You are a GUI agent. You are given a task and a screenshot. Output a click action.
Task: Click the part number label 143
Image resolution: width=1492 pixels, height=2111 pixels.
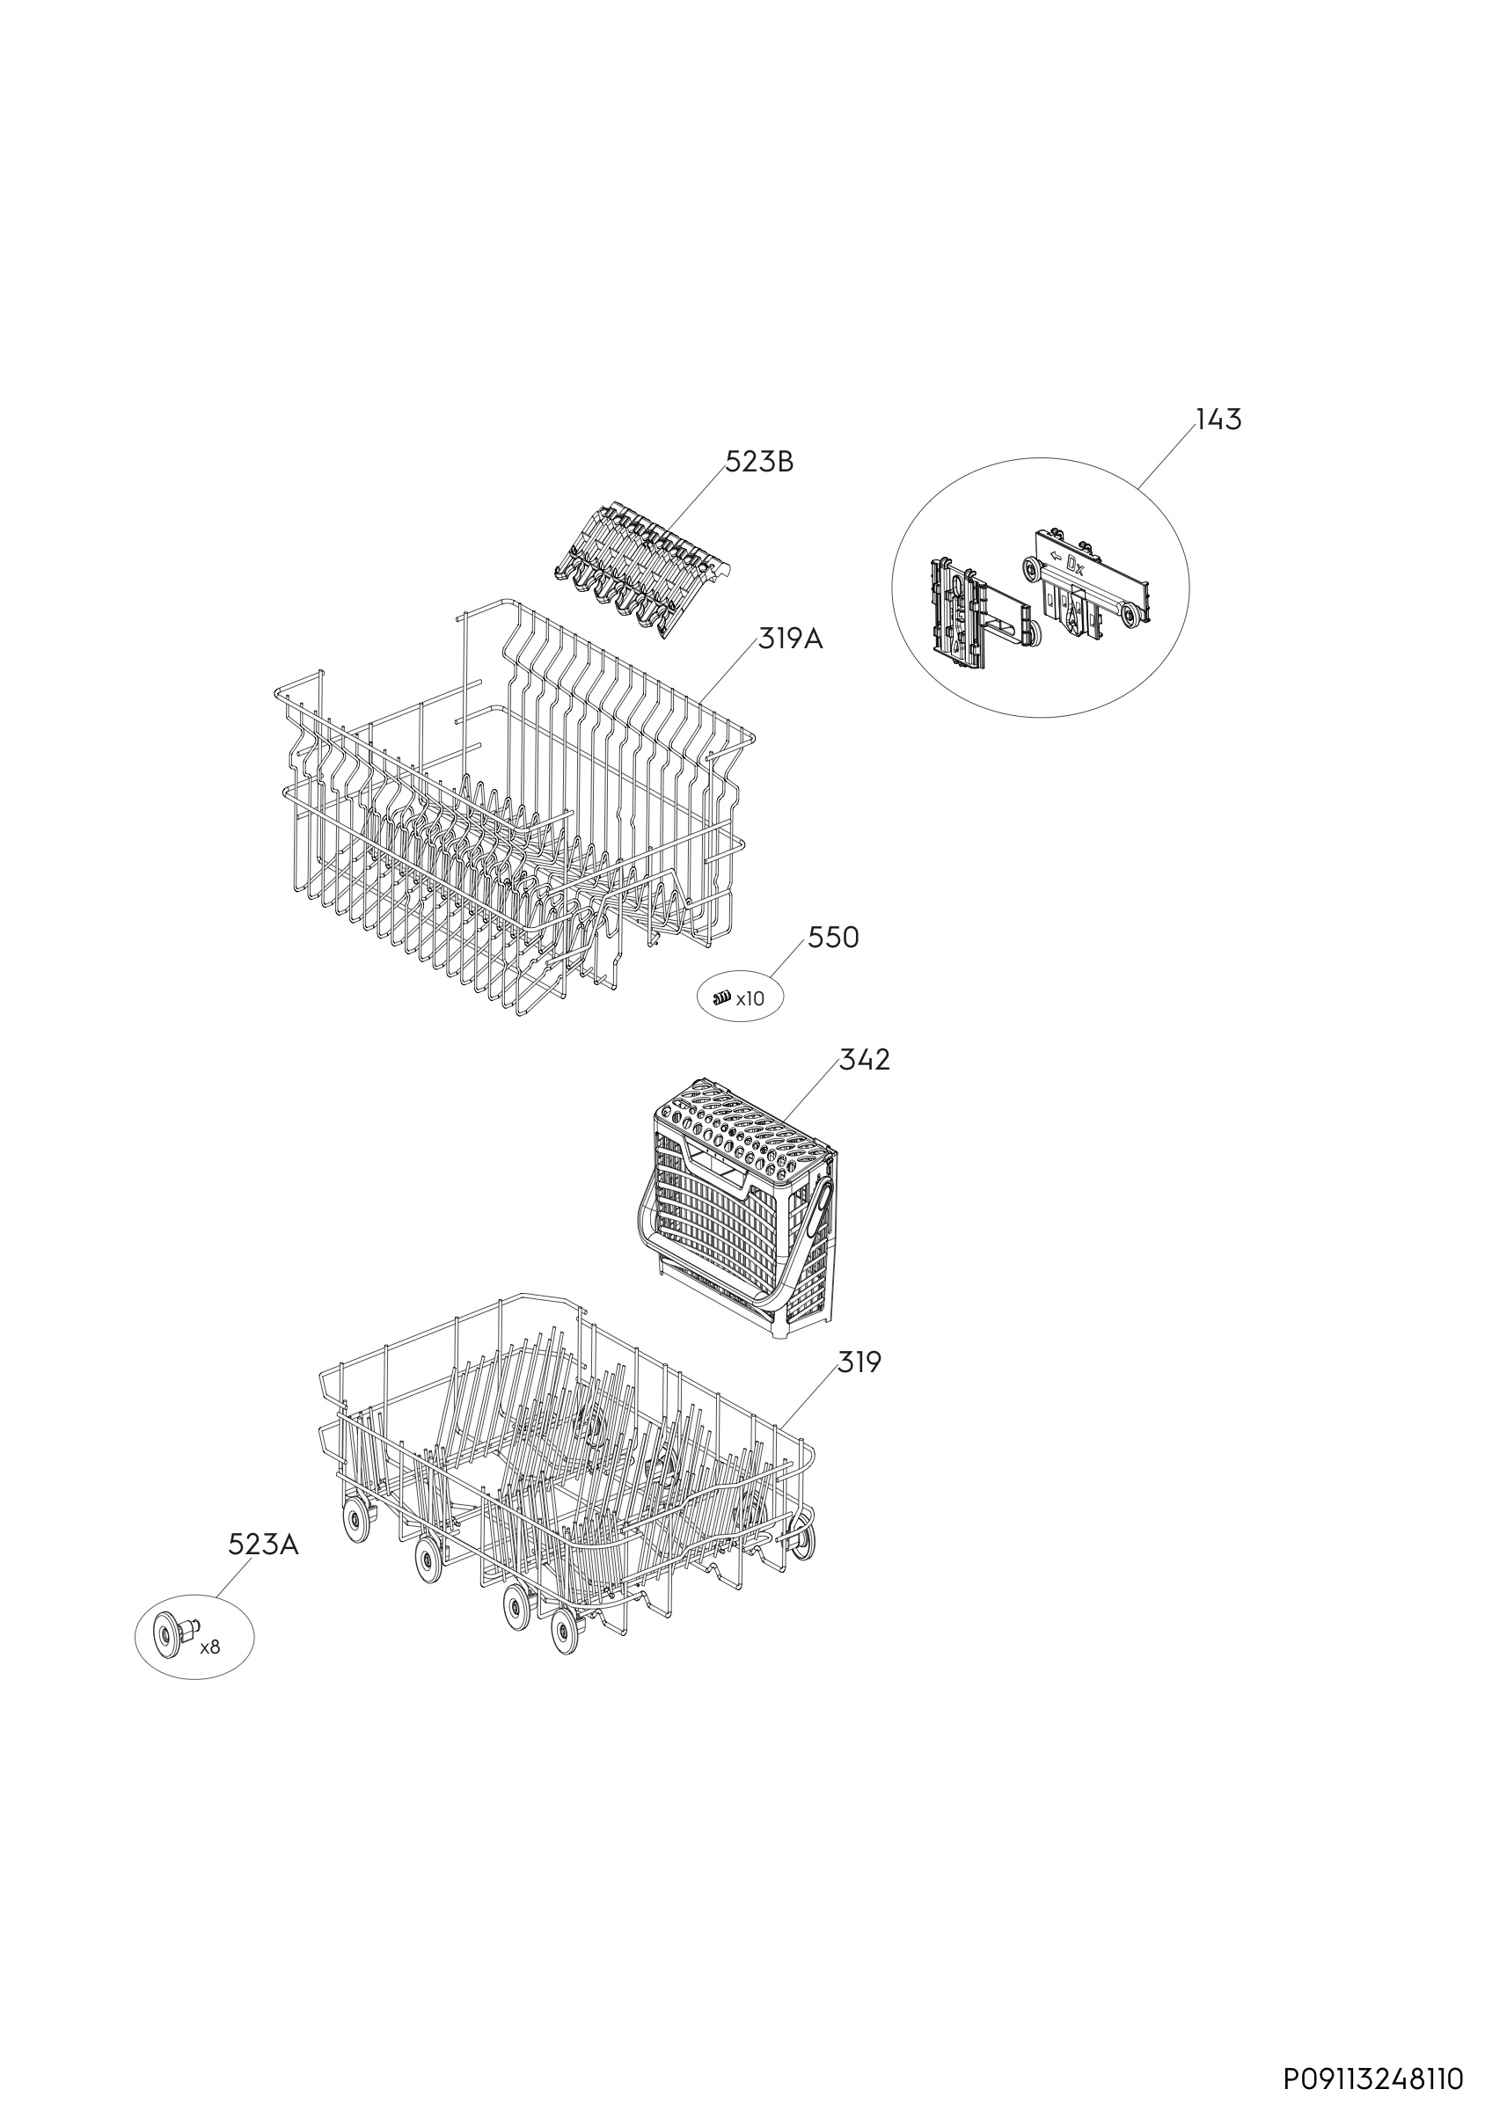click(x=1218, y=420)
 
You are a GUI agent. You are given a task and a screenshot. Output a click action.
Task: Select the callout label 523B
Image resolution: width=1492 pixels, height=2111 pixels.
click(x=759, y=463)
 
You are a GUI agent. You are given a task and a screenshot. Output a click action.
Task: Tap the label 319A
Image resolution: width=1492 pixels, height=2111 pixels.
click(x=791, y=639)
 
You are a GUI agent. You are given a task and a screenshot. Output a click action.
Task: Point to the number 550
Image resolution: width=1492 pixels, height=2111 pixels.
click(x=834, y=938)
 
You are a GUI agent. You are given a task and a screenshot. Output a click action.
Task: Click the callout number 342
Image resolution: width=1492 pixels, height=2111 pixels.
click(x=865, y=1060)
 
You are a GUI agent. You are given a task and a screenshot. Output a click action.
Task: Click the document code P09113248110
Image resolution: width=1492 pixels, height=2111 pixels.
click(x=1372, y=2078)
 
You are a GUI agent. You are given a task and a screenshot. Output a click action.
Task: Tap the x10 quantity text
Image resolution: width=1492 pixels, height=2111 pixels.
click(x=750, y=998)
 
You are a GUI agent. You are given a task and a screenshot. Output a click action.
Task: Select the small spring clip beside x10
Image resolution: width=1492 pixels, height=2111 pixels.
click(x=722, y=997)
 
